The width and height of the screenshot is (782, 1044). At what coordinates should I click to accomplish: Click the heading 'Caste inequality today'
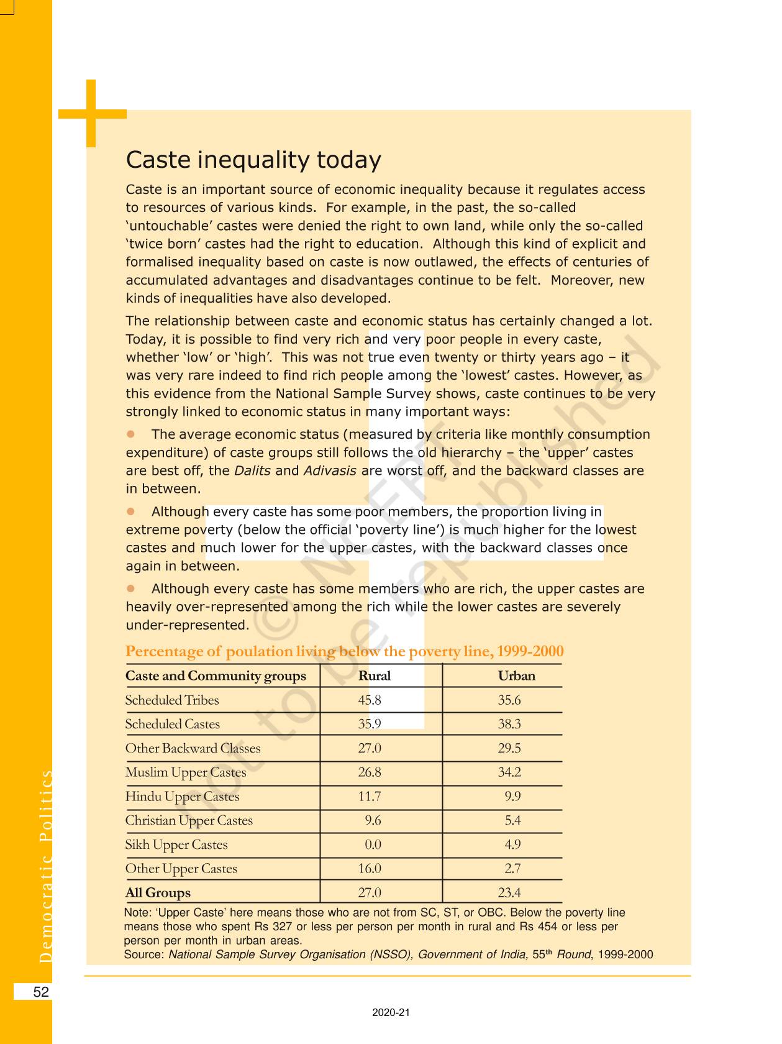[x=253, y=160]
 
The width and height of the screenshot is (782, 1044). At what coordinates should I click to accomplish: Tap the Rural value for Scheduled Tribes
[x=370, y=700]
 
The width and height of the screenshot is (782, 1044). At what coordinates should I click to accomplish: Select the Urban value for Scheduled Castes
[x=509, y=724]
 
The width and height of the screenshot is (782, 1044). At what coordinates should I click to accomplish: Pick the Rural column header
[x=375, y=676]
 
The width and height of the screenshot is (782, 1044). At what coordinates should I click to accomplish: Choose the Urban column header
[x=516, y=676]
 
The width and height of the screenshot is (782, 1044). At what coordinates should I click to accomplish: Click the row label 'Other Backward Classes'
[x=193, y=748]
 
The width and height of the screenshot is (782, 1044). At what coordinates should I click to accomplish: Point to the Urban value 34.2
[x=509, y=772]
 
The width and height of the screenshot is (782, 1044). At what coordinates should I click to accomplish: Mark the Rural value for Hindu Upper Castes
[x=370, y=797]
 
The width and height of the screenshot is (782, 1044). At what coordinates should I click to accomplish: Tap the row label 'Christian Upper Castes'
[x=189, y=821]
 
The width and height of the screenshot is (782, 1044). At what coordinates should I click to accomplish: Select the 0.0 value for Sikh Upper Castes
[x=373, y=845]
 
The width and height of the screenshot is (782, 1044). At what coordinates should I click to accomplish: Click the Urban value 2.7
[x=512, y=869]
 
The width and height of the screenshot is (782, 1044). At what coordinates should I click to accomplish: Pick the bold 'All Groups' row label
[x=158, y=893]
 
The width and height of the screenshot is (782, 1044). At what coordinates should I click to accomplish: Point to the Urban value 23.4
[x=509, y=893]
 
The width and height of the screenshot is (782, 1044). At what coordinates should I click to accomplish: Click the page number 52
[x=41, y=992]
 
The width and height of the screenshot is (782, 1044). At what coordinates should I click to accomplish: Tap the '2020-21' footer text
[x=391, y=1012]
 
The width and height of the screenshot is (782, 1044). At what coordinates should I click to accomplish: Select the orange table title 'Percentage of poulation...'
[x=344, y=651]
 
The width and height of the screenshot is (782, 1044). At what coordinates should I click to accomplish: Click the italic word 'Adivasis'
[x=329, y=471]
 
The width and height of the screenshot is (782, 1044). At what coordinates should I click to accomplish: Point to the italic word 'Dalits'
[x=252, y=471]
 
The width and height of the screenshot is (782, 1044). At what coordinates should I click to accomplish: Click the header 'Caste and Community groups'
[x=216, y=676]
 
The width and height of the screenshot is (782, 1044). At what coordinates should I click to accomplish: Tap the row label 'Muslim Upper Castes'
[x=186, y=772]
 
